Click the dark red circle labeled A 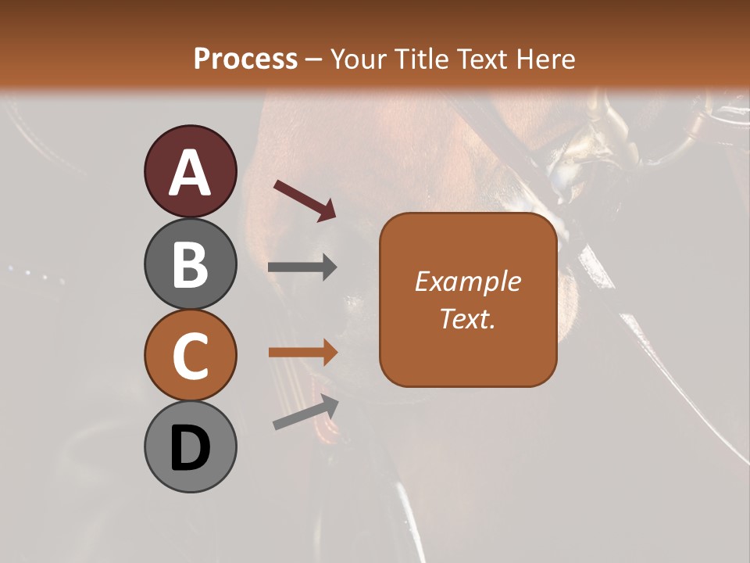point(190,171)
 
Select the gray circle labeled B point(190,264)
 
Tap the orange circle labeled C point(190,355)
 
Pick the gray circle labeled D point(190,446)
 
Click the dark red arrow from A point(304,200)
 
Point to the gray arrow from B point(302,267)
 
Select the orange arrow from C point(302,352)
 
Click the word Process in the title point(245,59)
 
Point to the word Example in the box point(468,281)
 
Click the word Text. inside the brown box point(468,318)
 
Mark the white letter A point(190,173)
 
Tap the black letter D point(190,448)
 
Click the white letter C point(190,357)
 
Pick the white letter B point(190,264)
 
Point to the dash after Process point(314,60)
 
